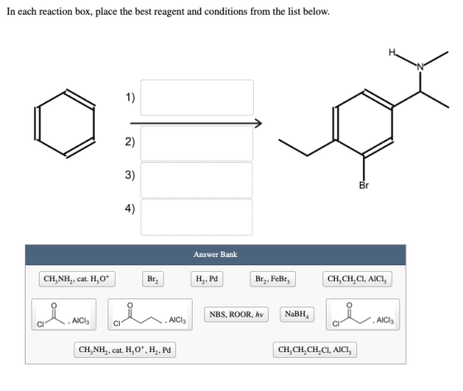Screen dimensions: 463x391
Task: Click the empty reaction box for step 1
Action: [x=197, y=98]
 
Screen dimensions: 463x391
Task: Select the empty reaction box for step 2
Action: [x=197, y=144]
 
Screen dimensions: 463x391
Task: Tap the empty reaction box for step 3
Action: [x=197, y=180]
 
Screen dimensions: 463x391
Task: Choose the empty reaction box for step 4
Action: [x=197, y=217]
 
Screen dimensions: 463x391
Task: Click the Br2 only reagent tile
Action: [x=153, y=279]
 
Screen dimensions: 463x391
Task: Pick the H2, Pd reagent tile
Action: [x=207, y=279]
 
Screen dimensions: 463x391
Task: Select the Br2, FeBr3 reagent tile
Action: [x=273, y=279]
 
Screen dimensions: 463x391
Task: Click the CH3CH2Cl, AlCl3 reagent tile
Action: [x=357, y=279]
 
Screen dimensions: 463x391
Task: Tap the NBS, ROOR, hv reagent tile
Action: [x=236, y=314]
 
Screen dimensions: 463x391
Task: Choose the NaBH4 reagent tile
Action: [x=297, y=314]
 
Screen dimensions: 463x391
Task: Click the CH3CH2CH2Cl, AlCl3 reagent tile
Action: [x=315, y=350]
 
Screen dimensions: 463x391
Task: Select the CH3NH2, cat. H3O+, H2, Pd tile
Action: [x=125, y=350]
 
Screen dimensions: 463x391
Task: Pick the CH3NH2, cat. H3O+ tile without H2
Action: [x=77, y=279]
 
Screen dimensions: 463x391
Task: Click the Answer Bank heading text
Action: [x=215, y=255]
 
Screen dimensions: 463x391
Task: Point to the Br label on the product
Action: [x=364, y=185]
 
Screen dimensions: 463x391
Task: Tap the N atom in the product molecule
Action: [x=421, y=67]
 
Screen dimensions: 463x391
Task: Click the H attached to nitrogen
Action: [x=392, y=53]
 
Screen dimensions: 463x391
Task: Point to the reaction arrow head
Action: [x=259, y=123]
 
